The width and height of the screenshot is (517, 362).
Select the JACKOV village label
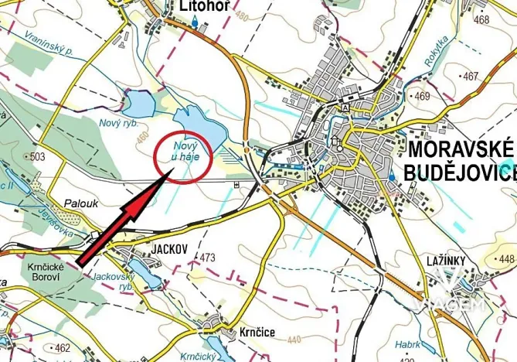pyautogui.click(x=161, y=250)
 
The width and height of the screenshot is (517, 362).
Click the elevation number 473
pyautogui.click(x=206, y=257)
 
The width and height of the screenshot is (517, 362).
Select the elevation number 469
pyautogui.click(x=422, y=96)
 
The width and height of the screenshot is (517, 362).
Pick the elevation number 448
pyautogui.click(x=506, y=259)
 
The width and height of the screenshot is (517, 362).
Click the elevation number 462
pyautogui.click(x=63, y=348)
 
